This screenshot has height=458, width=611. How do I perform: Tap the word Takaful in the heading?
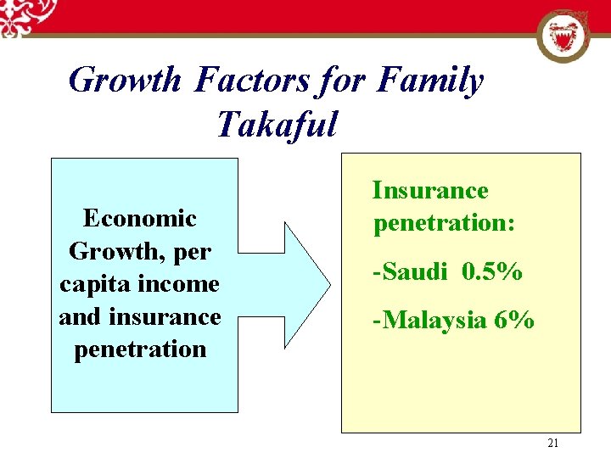click(x=277, y=125)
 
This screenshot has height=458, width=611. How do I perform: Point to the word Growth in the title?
click(x=125, y=81)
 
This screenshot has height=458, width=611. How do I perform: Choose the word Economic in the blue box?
click(x=140, y=219)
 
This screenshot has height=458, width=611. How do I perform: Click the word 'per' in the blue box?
click(x=191, y=252)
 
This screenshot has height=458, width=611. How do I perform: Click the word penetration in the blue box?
click(x=140, y=349)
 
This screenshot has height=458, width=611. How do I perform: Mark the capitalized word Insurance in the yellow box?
click(x=430, y=191)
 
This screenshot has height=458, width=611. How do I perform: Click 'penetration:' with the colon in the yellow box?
click(x=445, y=223)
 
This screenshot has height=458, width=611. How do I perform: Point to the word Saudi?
click(x=413, y=272)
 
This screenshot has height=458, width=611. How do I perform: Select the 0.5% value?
click(x=492, y=272)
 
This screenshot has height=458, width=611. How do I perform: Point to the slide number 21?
click(x=553, y=443)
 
